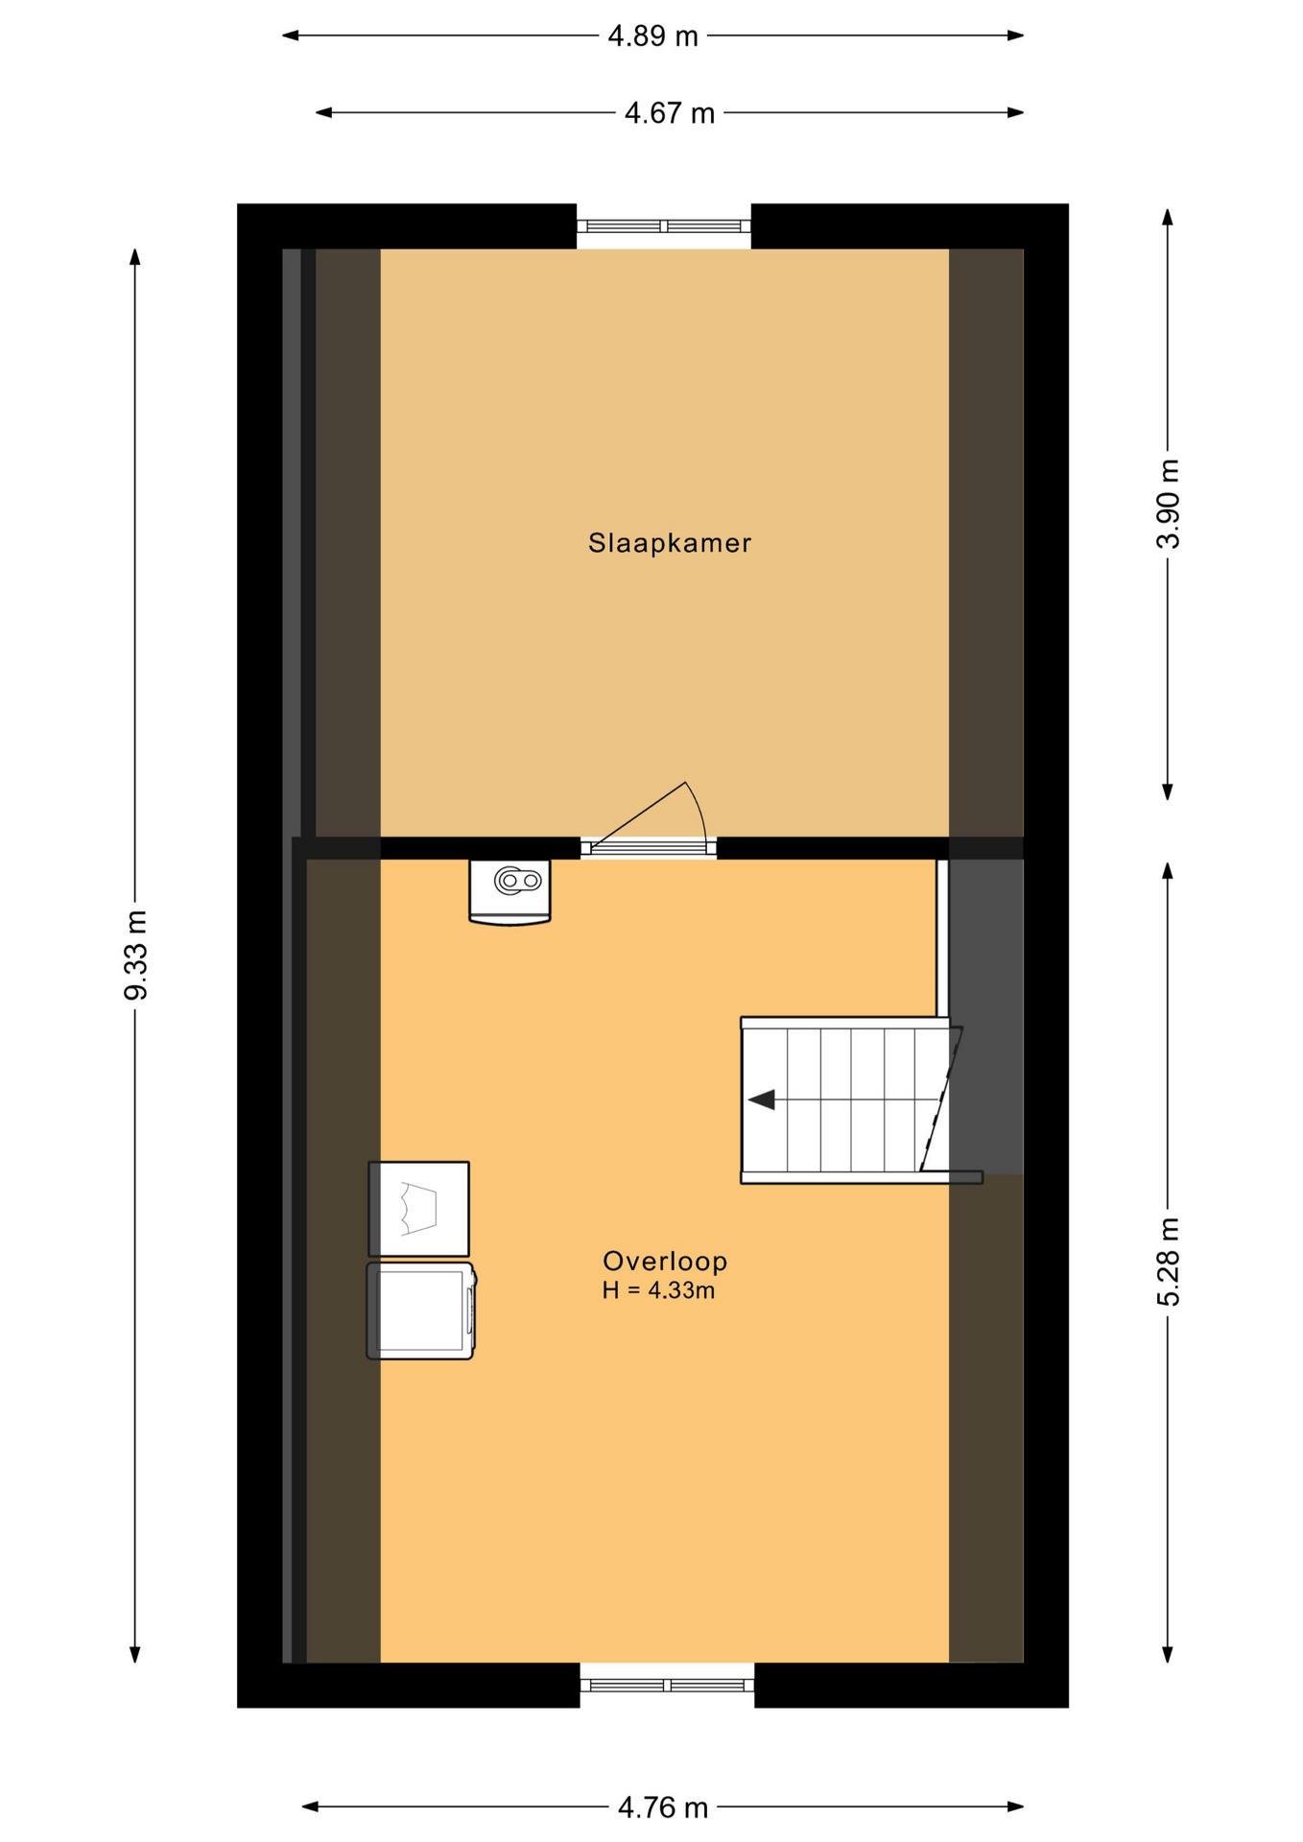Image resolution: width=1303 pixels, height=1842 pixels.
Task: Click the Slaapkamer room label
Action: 669,543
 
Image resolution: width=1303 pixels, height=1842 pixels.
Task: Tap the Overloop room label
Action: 664,1261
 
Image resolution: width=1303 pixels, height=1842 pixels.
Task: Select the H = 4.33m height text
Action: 658,1291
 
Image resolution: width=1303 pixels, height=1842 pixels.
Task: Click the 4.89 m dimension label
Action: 652,36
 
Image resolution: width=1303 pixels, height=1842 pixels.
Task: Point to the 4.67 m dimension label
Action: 669,113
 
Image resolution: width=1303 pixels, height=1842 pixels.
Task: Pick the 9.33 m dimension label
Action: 136,956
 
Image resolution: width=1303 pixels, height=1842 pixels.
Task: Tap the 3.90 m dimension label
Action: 1168,505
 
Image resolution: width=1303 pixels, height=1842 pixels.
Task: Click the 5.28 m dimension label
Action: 1168,1262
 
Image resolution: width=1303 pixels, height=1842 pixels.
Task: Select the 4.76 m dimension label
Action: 662,1808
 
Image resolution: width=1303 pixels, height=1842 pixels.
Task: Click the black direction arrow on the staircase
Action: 763,1099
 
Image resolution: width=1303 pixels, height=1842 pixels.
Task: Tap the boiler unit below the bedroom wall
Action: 509,892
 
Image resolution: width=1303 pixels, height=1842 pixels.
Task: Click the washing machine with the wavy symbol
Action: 419,1209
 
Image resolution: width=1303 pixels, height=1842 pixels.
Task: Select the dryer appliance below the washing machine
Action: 421,1311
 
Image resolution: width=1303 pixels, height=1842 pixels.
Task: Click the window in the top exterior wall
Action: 663,226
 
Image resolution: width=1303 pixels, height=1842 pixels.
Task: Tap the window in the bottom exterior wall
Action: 667,1685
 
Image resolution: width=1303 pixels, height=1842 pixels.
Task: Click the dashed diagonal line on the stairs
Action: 941,1099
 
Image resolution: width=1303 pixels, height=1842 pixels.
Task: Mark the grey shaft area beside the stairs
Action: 985,1017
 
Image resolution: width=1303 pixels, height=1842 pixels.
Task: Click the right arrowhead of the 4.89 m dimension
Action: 1016,35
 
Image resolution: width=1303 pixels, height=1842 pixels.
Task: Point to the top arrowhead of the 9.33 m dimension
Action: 135,257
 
